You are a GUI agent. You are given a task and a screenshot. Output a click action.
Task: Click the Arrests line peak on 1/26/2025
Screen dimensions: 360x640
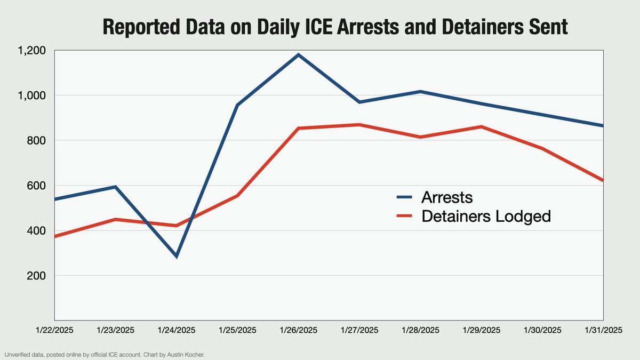[298, 54]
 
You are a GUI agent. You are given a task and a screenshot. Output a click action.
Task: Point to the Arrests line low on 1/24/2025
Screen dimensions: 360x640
[176, 257]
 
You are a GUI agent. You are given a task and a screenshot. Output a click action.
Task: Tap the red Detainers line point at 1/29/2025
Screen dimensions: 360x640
[481, 127]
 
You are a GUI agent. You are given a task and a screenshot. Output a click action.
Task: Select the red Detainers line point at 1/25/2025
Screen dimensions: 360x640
[237, 196]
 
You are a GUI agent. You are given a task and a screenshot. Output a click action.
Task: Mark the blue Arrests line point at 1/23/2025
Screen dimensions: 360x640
[115, 187]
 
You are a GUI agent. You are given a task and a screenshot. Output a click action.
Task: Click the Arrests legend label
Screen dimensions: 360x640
[447, 197]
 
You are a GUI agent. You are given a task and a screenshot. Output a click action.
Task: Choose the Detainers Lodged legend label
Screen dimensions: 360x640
[485, 216]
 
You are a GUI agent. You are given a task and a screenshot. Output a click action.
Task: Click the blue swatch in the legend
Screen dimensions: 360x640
[405, 197]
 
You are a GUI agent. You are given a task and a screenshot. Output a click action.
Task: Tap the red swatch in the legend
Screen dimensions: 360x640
[405, 216]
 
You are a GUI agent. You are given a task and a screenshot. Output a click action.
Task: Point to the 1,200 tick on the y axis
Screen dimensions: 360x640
[33, 50]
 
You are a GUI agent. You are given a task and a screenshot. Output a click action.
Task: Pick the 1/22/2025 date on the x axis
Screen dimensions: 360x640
[55, 331]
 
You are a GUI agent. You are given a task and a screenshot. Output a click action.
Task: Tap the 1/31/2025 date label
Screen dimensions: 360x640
[603, 331]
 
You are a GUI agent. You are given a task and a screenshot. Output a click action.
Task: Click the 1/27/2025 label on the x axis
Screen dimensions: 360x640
[359, 331]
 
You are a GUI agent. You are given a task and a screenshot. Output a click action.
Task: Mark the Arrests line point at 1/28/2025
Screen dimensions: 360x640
[420, 92]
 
